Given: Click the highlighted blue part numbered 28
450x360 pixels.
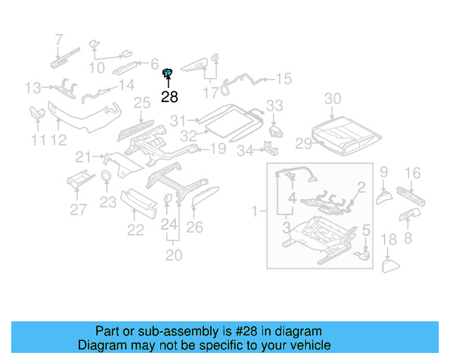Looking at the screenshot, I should (x=168, y=72).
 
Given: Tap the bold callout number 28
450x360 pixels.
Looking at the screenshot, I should (x=169, y=97).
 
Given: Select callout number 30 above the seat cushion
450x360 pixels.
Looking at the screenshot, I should (x=333, y=98).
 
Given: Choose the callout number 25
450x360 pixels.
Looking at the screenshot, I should (x=142, y=104).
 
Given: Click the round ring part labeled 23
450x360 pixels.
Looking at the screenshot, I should (x=105, y=176).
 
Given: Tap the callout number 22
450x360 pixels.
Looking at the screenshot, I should (x=135, y=230).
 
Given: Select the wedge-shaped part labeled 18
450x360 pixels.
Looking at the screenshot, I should (x=390, y=266).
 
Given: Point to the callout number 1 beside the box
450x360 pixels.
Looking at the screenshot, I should (x=255, y=210).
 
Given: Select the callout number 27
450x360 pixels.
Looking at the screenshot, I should (x=78, y=209).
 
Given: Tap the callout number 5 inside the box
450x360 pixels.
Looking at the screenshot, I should (x=365, y=230).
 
